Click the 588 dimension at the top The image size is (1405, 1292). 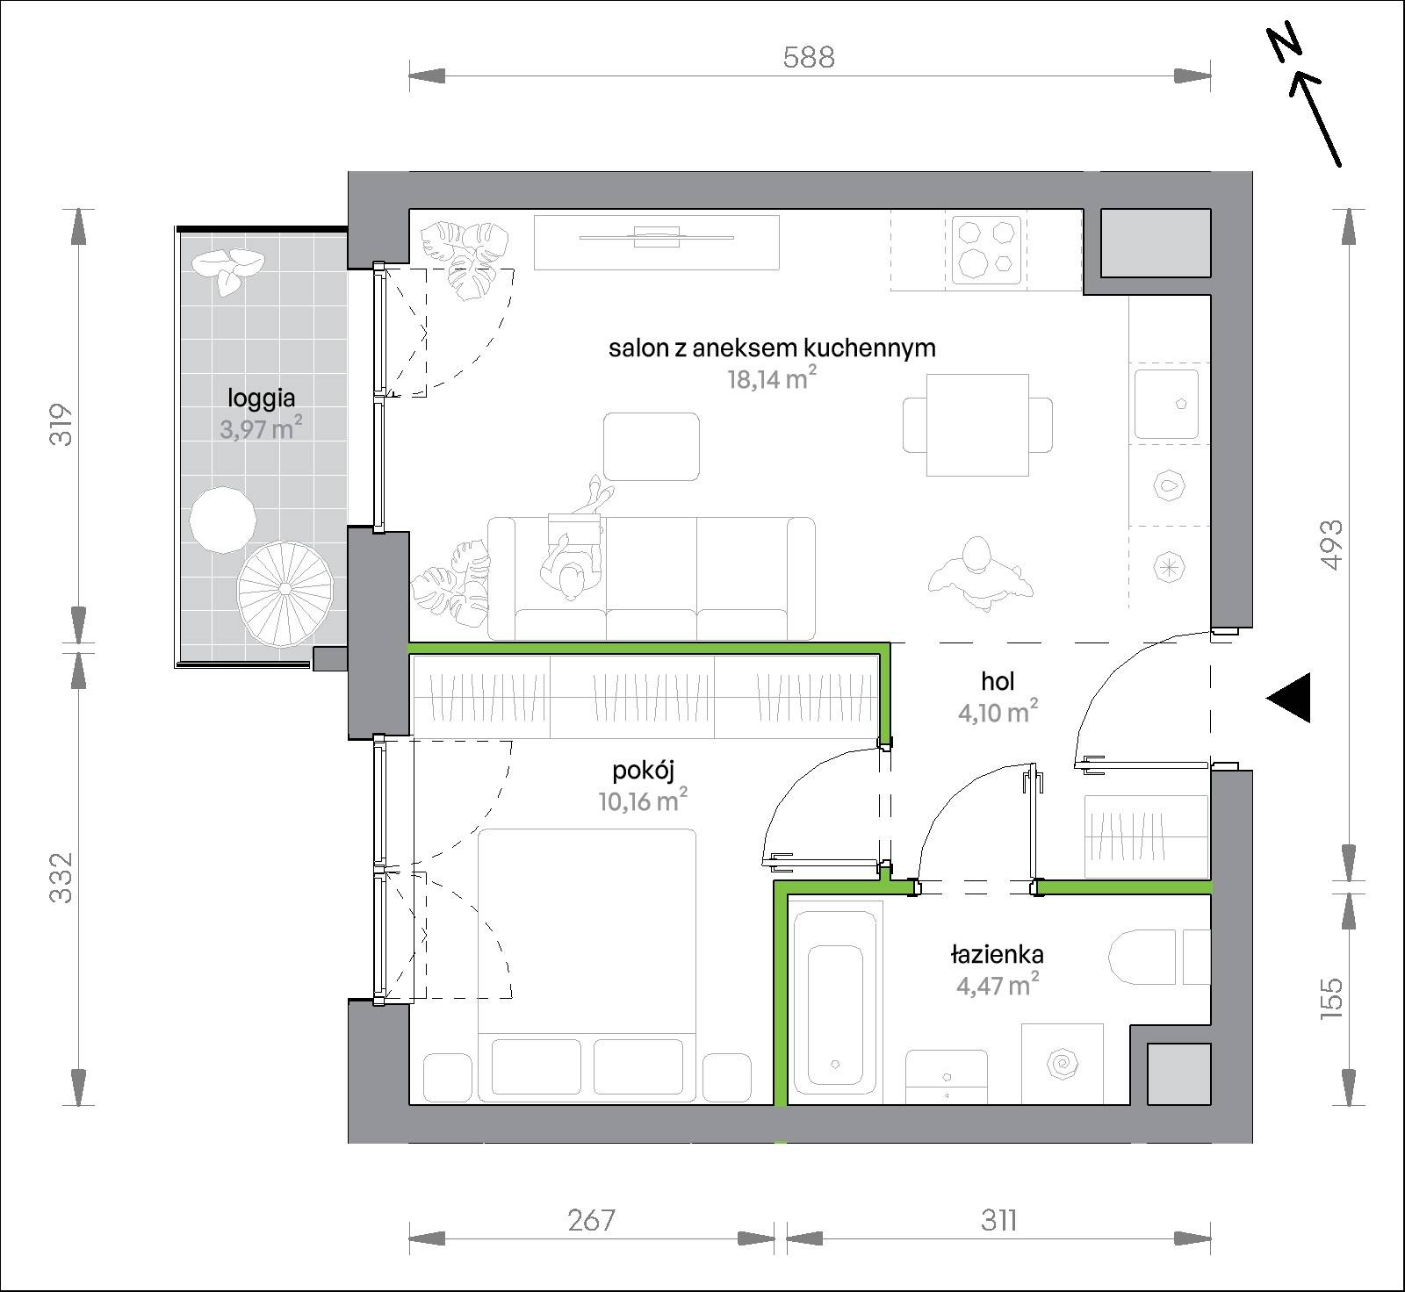pos(808,57)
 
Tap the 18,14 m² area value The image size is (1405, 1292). pos(767,378)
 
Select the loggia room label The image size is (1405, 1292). pos(261,399)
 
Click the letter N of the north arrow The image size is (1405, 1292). pos(1287,44)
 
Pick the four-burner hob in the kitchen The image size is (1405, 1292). pos(986,249)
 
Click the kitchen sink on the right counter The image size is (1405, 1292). pos(1166,404)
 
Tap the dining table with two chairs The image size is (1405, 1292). pos(978,424)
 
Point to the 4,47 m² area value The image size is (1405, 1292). pos(998,985)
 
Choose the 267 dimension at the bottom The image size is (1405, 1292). pos(591,1221)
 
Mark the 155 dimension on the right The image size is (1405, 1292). pos(1331,996)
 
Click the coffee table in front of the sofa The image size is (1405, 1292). pos(652,447)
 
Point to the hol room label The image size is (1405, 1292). pos(998,681)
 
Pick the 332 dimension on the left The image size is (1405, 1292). pos(61,878)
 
